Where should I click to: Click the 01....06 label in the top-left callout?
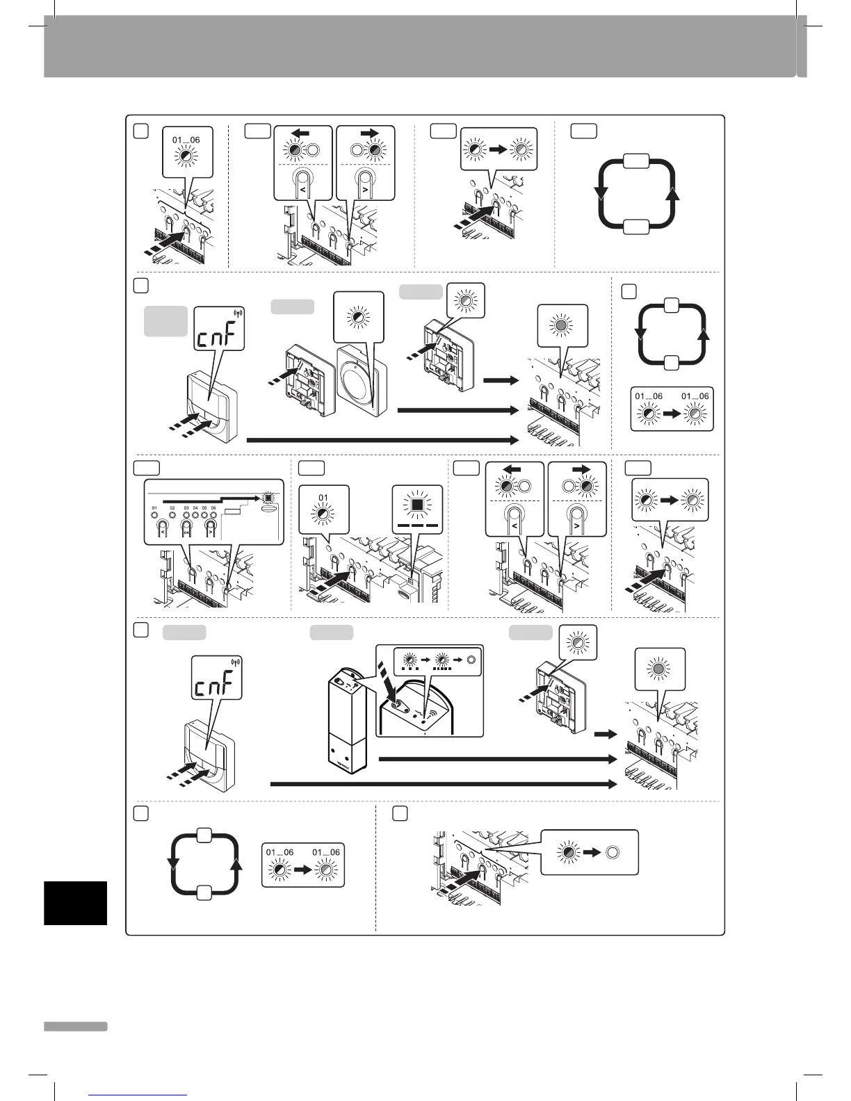point(186,140)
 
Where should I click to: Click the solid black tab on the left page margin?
point(76,903)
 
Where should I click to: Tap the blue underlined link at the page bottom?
point(139,1095)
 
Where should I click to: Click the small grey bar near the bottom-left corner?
point(76,1026)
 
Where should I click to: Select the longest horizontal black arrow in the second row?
point(382,439)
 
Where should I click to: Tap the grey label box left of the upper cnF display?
point(165,321)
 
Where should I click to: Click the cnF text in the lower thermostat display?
point(217,687)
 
